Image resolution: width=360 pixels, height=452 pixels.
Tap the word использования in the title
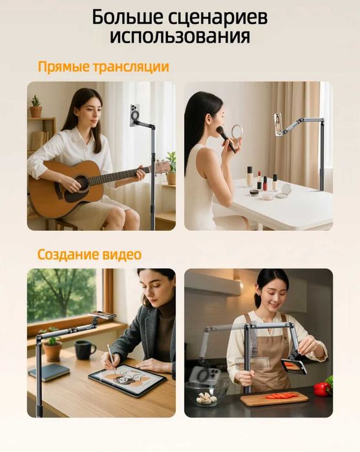coord(180,36)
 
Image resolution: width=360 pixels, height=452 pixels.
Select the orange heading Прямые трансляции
coord(103,67)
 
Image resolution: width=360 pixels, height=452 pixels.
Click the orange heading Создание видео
coord(89,255)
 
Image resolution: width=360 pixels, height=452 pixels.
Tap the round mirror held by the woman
coord(237,132)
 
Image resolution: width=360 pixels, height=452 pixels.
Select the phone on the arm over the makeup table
coord(278,124)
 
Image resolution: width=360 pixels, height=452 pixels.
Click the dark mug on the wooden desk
coord(84,349)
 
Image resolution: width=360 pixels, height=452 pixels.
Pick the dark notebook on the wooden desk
coord(48,372)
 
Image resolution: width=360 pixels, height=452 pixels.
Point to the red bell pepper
coord(321,388)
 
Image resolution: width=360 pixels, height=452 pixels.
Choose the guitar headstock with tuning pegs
coord(162,168)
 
